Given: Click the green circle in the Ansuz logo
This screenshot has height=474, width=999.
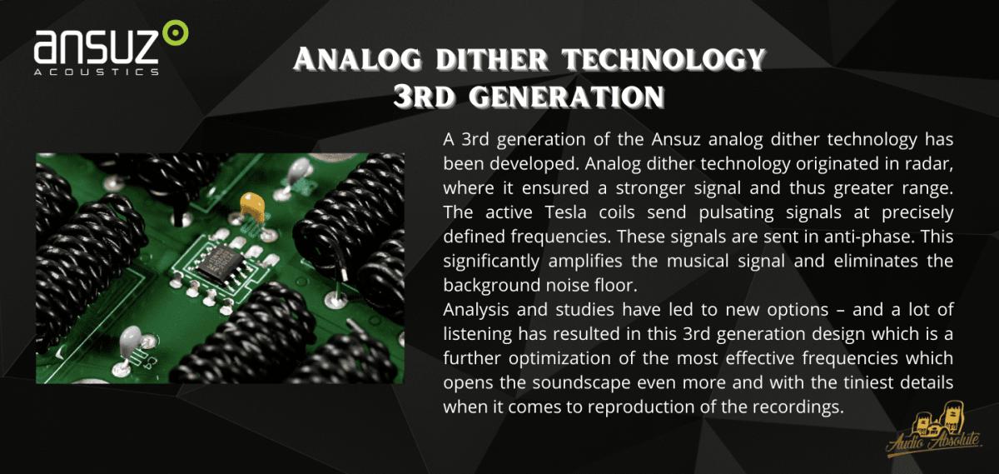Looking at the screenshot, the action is click(176, 32).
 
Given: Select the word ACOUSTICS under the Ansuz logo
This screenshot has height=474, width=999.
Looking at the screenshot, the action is click(97, 72).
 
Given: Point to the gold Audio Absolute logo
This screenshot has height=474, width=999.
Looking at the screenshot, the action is click(935, 430).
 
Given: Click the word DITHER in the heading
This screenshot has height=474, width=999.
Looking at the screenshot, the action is click(491, 60).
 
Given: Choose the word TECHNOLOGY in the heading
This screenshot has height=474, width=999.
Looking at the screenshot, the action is click(664, 60).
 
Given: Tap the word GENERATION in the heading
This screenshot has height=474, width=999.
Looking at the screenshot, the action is click(566, 97).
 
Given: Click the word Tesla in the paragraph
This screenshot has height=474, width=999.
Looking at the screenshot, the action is click(565, 212).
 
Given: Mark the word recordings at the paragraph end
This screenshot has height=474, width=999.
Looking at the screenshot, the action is click(798, 407).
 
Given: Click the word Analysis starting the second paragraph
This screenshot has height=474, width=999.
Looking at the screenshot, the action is click(476, 310).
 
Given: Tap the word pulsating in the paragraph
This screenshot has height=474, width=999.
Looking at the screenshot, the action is click(736, 212).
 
